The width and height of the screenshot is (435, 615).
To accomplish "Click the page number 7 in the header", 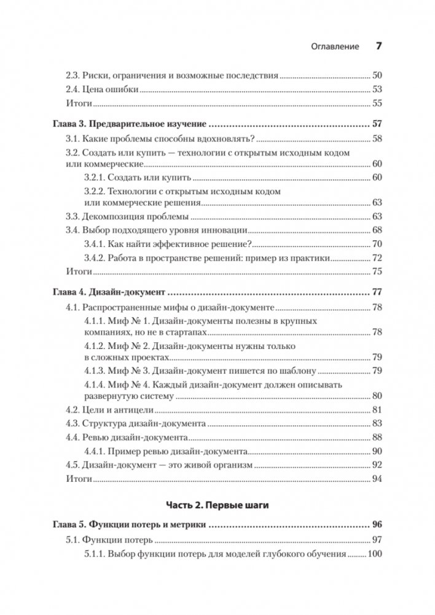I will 378,46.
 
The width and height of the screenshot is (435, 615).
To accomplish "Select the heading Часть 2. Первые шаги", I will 217,504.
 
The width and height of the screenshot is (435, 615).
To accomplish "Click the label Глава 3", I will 65,123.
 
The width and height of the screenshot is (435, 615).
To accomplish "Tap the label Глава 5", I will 65,525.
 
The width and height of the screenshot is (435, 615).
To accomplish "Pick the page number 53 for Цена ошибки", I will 377,90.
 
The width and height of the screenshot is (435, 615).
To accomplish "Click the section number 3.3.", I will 73,216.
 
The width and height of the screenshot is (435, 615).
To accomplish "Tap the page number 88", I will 377,437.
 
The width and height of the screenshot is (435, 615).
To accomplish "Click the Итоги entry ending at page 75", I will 79,270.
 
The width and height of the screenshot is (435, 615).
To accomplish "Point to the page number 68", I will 377,230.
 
